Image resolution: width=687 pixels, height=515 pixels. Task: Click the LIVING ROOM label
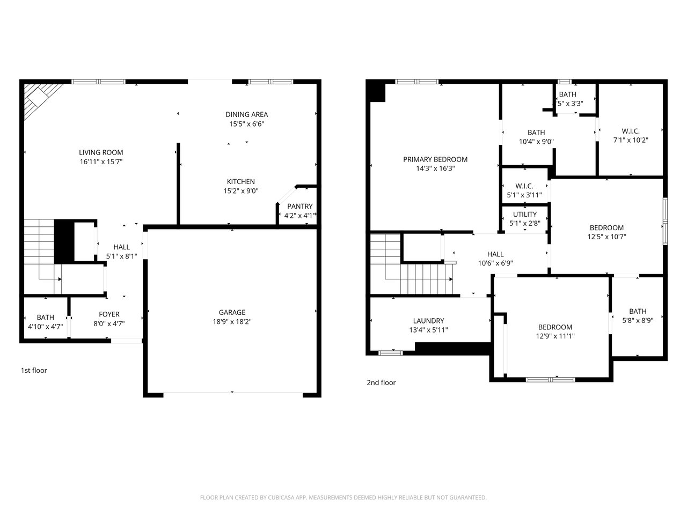click(101, 152)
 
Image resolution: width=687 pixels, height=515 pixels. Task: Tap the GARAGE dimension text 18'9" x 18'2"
click(232, 321)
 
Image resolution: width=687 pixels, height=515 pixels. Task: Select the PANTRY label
click(300, 207)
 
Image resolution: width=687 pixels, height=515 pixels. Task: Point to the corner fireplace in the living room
click(41, 99)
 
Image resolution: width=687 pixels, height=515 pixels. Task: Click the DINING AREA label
click(247, 114)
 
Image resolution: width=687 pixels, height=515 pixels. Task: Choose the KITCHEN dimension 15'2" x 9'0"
click(240, 191)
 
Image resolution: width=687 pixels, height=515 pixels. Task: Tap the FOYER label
click(109, 314)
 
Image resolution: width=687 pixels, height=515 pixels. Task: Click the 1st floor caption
click(34, 370)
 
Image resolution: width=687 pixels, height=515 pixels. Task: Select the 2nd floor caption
click(381, 382)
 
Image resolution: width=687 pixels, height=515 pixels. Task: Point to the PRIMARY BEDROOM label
click(435, 159)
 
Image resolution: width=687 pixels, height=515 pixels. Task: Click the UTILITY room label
click(524, 214)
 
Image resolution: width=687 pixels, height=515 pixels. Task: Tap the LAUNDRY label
click(428, 320)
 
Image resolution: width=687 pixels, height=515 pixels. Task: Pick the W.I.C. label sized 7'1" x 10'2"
click(630, 131)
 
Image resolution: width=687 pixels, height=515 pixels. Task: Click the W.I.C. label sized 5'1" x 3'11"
click(524, 186)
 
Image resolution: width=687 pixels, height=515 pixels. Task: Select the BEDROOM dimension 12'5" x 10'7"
click(606, 237)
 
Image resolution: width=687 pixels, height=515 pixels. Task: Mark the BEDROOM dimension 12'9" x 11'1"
click(555, 336)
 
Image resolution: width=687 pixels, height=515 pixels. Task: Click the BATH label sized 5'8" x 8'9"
click(638, 311)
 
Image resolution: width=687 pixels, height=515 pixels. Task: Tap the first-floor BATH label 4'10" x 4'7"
click(46, 318)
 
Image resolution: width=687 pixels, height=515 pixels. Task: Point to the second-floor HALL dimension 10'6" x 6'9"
click(495, 263)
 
